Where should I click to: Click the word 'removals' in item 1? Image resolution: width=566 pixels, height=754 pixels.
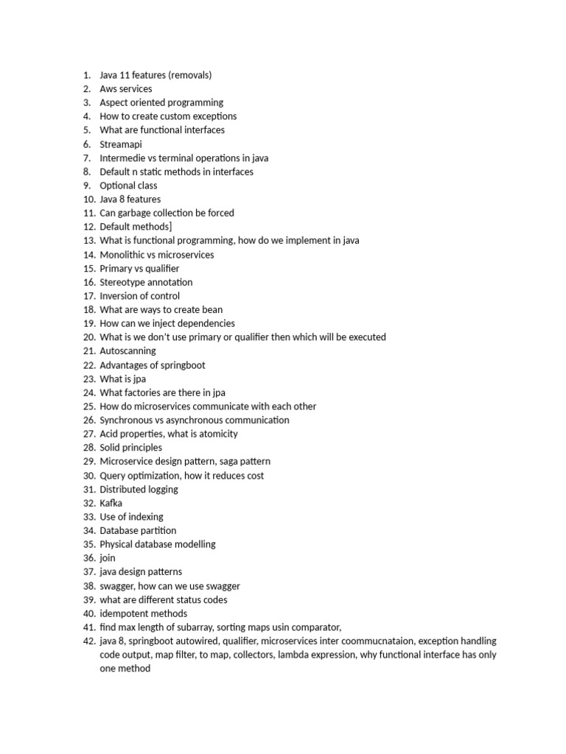(189, 75)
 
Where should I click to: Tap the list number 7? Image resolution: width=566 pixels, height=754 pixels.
(86, 158)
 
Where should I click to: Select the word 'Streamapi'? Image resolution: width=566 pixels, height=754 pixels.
(121, 144)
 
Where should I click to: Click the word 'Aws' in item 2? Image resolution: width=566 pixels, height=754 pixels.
(108, 89)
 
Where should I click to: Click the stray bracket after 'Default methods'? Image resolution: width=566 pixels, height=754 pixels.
(170, 227)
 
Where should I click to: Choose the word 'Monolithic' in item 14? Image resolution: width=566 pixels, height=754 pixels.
(122, 255)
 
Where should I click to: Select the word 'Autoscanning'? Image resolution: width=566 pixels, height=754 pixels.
(127, 351)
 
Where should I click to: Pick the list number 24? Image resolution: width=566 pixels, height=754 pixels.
(88, 392)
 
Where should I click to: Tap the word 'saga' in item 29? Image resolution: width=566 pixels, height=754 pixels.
(231, 462)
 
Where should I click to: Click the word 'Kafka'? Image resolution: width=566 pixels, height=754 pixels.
(111, 503)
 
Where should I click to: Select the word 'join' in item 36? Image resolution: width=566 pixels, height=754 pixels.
(108, 558)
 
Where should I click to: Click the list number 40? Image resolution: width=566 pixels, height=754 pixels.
(88, 613)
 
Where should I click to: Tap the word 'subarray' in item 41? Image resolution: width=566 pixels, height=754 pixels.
(198, 627)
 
